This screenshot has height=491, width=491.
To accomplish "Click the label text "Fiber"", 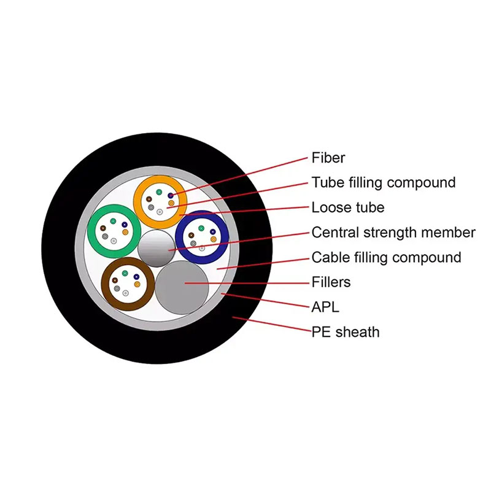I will [328, 158].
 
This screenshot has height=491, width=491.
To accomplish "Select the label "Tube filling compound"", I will [384, 182].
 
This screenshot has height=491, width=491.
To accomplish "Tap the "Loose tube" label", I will [348, 207].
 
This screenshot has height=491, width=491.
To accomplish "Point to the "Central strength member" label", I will [393, 233].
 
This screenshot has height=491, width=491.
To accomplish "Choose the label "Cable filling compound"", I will [386, 257].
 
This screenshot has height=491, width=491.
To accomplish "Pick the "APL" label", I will [325, 307].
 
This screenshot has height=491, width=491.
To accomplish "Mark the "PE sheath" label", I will [346, 332].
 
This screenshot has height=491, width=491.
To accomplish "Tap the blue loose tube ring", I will [223, 235].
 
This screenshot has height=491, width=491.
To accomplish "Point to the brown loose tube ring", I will [108, 284].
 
